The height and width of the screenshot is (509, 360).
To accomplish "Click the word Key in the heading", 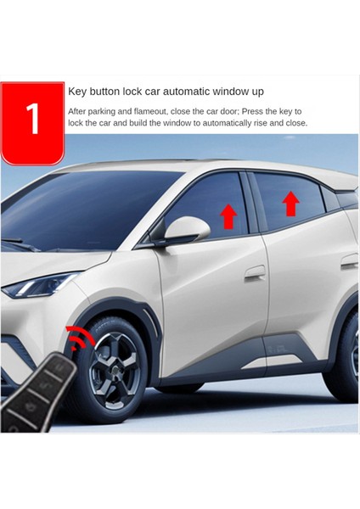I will pyautogui.click(x=79, y=90).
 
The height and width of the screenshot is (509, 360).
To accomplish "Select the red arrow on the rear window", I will pyautogui.click(x=290, y=204).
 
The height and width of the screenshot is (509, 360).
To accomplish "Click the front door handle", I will pyautogui.click(x=255, y=273).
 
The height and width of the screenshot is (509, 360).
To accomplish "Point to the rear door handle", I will pyautogui.click(x=349, y=262).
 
